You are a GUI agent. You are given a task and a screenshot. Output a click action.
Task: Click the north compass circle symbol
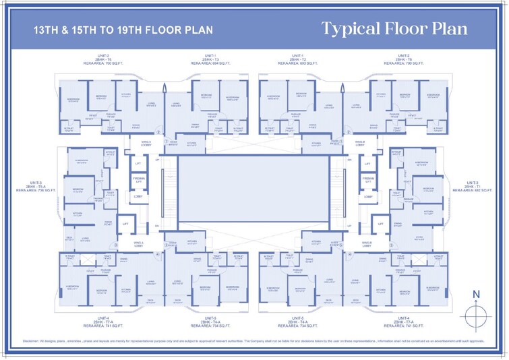coord(475,314)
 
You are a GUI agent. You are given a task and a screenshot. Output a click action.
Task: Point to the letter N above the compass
coord(475,293)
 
